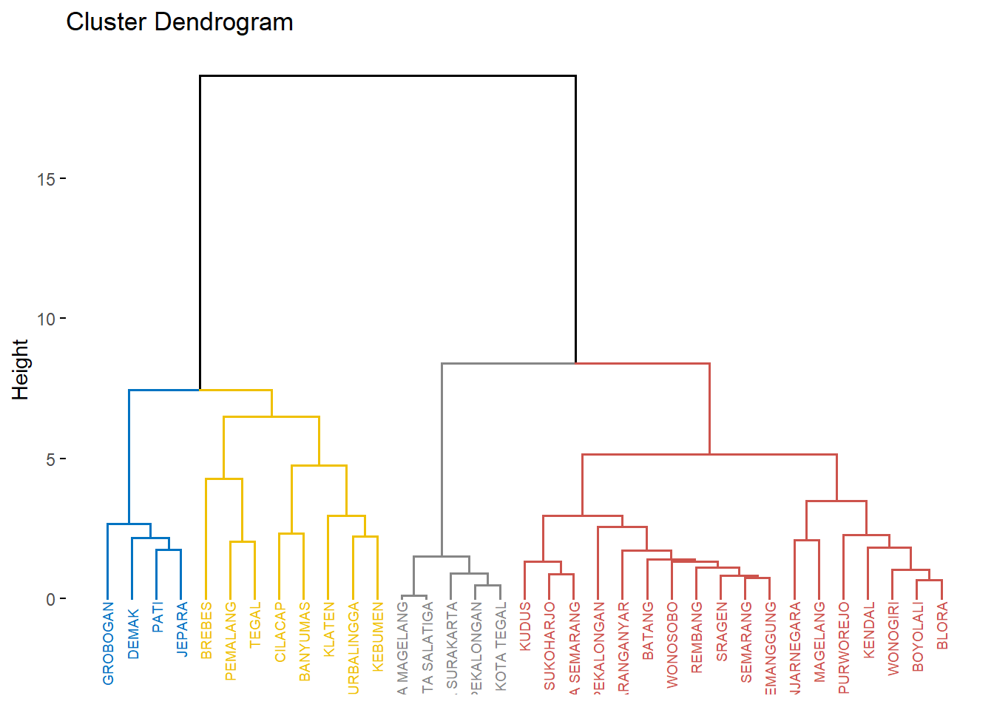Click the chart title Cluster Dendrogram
[180, 22]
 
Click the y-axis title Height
[20, 370]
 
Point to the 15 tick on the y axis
[46, 179]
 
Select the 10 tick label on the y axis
[46, 319]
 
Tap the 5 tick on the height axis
[50, 459]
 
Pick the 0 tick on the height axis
[50, 599]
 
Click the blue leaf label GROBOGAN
[108, 643]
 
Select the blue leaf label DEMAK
[133, 633]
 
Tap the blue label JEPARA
[182, 629]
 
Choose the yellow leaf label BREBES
[206, 630]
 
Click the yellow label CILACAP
[280, 632]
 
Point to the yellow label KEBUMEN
[378, 637]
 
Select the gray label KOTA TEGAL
[501, 646]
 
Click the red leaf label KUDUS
[525, 626]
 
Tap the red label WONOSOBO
[672, 645]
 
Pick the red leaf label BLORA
[942, 626]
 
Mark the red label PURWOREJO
[844, 648]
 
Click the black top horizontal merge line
[388, 75]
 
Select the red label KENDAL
[869, 629]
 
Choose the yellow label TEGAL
[255, 625]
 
